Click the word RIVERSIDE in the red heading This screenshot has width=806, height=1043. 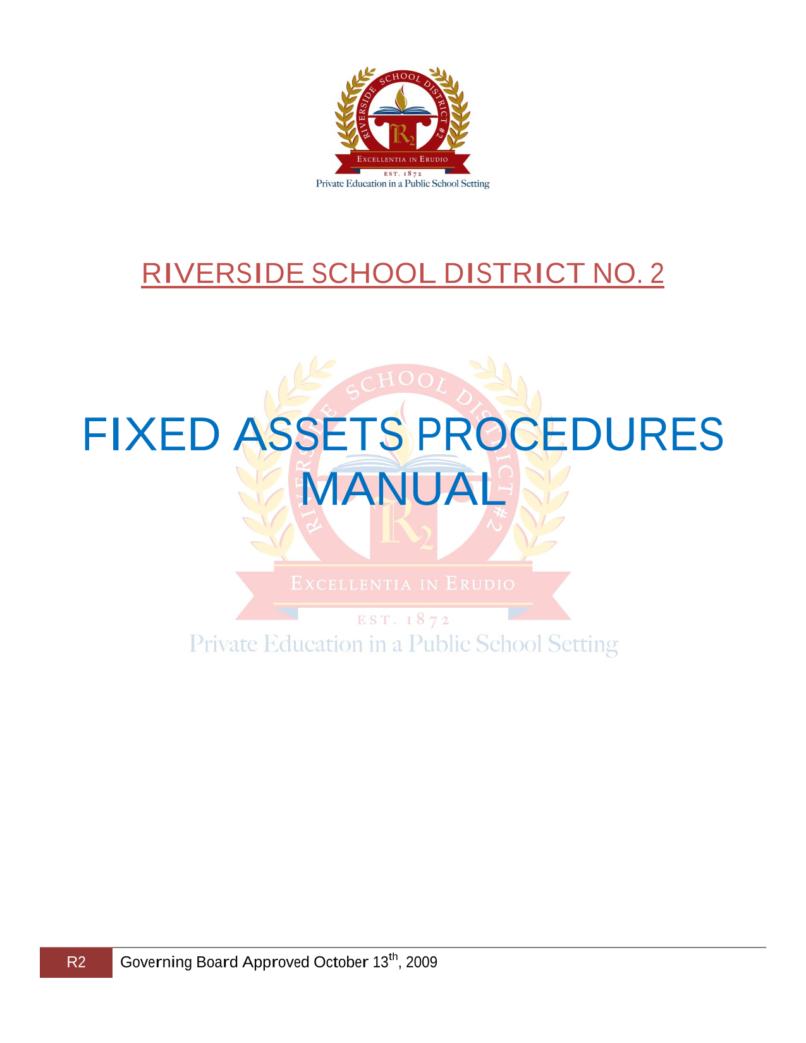pyautogui.click(x=223, y=274)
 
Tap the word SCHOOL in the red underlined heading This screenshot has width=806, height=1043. pyautogui.click(x=374, y=274)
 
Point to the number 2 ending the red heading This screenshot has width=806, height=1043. pyautogui.click(x=656, y=274)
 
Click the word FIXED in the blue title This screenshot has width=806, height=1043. pyautogui.click(x=152, y=435)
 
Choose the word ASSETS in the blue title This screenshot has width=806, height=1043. pyautogui.click(x=319, y=435)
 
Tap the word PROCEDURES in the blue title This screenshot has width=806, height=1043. pyautogui.click(x=570, y=435)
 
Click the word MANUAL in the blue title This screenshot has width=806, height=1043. pyautogui.click(x=403, y=489)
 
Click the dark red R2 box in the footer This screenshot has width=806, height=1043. pyautogui.click(x=76, y=963)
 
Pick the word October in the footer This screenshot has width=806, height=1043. pyautogui.click(x=341, y=962)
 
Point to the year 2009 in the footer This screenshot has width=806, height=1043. pyautogui.click(x=422, y=962)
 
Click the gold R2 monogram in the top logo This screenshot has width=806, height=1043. pyautogui.click(x=402, y=135)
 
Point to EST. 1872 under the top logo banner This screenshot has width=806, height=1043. pyautogui.click(x=402, y=174)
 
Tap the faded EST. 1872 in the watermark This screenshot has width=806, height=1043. pyautogui.click(x=403, y=620)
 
